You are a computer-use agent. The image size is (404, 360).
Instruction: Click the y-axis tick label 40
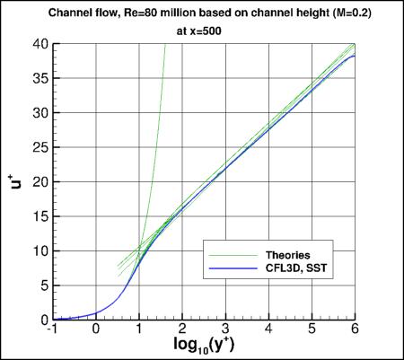[x=40, y=44]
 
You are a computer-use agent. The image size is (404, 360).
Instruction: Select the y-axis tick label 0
[x=43, y=320]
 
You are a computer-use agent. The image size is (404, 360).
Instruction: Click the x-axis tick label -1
[x=52, y=329]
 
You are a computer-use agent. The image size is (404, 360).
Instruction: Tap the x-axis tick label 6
[x=355, y=329]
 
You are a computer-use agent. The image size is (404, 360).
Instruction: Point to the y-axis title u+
[x=15, y=182]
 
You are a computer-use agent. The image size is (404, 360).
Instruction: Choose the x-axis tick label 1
[x=138, y=329]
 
